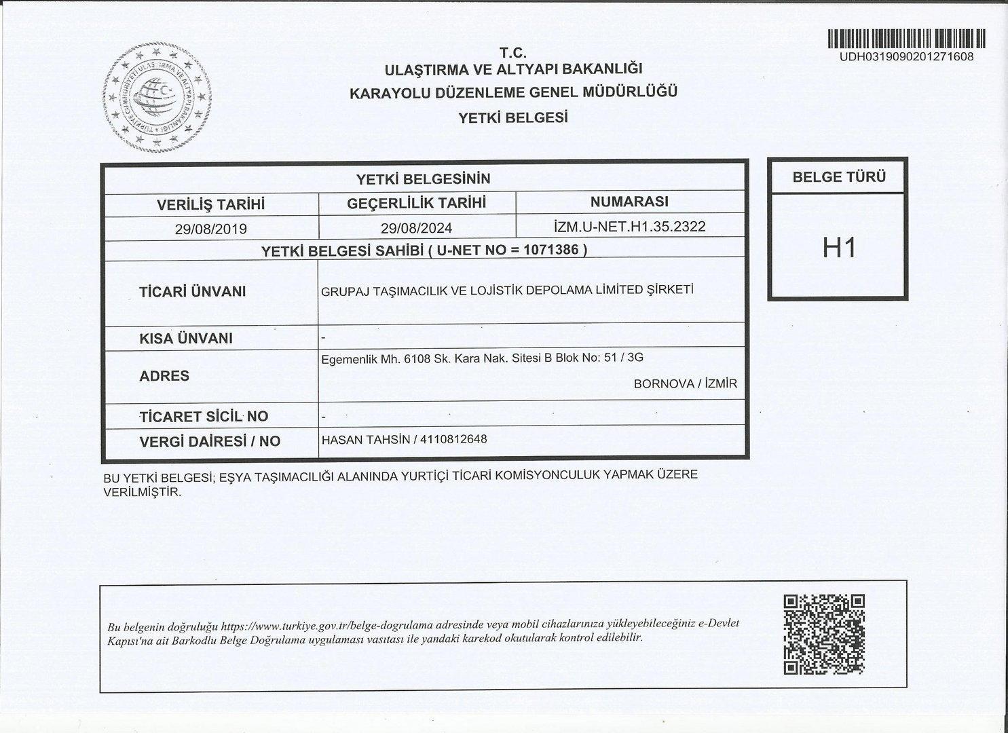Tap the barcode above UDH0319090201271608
point(906,39)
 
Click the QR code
point(824,635)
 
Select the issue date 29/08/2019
point(210,229)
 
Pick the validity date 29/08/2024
point(416,228)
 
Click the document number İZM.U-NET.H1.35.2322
point(630,226)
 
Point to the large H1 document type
point(839,248)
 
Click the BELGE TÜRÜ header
point(839,178)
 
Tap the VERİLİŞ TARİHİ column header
point(210,204)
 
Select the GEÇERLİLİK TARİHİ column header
point(416,203)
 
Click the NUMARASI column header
point(629,202)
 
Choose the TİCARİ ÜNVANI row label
point(192,292)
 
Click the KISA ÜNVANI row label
point(185,338)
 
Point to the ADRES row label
point(164,376)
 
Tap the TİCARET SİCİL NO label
point(203,416)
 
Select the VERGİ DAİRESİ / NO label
point(209,441)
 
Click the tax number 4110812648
point(453,439)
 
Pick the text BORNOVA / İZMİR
point(685,384)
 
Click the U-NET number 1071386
point(551,250)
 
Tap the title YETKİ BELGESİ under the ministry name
point(513,117)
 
